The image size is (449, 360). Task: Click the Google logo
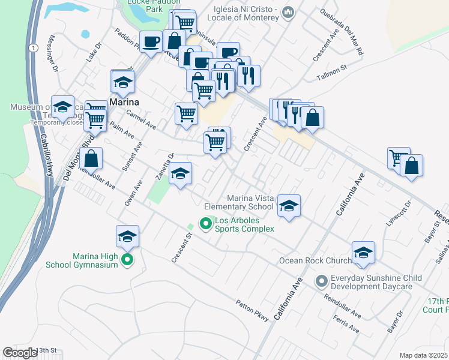point(20,353)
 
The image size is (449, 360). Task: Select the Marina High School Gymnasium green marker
point(127,260)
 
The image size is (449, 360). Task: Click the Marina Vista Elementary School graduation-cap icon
point(289,206)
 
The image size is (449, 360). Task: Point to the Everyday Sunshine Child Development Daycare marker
point(322,280)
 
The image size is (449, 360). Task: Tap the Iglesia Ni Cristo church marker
point(289,12)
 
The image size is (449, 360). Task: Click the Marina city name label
point(125,103)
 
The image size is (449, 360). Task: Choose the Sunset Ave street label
point(132,157)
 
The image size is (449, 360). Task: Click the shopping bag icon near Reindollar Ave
point(91,160)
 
